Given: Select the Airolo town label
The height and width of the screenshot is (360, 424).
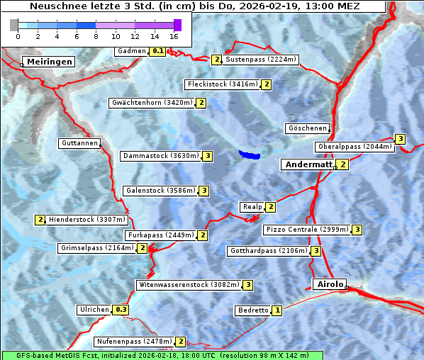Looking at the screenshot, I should click(330, 284).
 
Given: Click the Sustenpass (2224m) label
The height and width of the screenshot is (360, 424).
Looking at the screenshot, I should click(262, 60).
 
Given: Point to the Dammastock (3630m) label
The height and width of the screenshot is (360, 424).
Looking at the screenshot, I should click(160, 156).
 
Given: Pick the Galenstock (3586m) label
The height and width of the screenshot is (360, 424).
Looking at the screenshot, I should click(160, 191).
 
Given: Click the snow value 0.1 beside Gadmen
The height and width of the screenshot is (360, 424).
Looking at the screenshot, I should click(158, 51).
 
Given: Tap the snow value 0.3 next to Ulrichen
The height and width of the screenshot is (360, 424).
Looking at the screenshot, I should click(121, 310).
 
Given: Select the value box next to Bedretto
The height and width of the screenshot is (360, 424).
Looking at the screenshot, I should click(277, 310).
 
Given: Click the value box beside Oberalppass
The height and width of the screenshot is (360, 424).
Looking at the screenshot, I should click(401, 139).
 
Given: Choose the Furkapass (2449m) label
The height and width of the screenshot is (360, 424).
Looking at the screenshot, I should click(160, 235).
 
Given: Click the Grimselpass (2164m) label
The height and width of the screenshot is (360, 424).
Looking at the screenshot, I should click(96, 248).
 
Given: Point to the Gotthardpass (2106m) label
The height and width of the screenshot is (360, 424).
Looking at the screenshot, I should click(269, 251).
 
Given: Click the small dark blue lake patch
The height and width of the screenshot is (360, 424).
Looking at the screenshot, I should click(250, 154).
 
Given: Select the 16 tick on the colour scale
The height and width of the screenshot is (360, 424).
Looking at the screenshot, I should click(174, 35).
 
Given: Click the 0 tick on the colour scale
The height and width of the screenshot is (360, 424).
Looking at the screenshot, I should click(18, 35).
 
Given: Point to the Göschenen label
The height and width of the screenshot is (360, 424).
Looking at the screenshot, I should click(307, 128).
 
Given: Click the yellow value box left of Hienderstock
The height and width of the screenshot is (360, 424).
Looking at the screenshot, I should click(40, 220).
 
